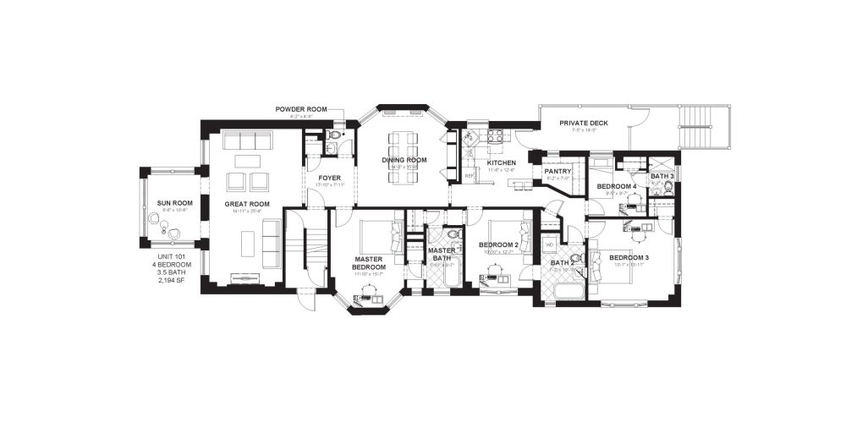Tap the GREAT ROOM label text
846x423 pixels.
(x=247, y=204)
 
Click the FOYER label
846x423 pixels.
(x=329, y=178)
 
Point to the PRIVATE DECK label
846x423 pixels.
(x=584, y=124)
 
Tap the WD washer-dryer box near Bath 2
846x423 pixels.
(x=549, y=245)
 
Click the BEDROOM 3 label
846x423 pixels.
(x=629, y=257)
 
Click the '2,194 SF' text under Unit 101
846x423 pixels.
(x=171, y=280)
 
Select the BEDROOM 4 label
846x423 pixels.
(x=616, y=185)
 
